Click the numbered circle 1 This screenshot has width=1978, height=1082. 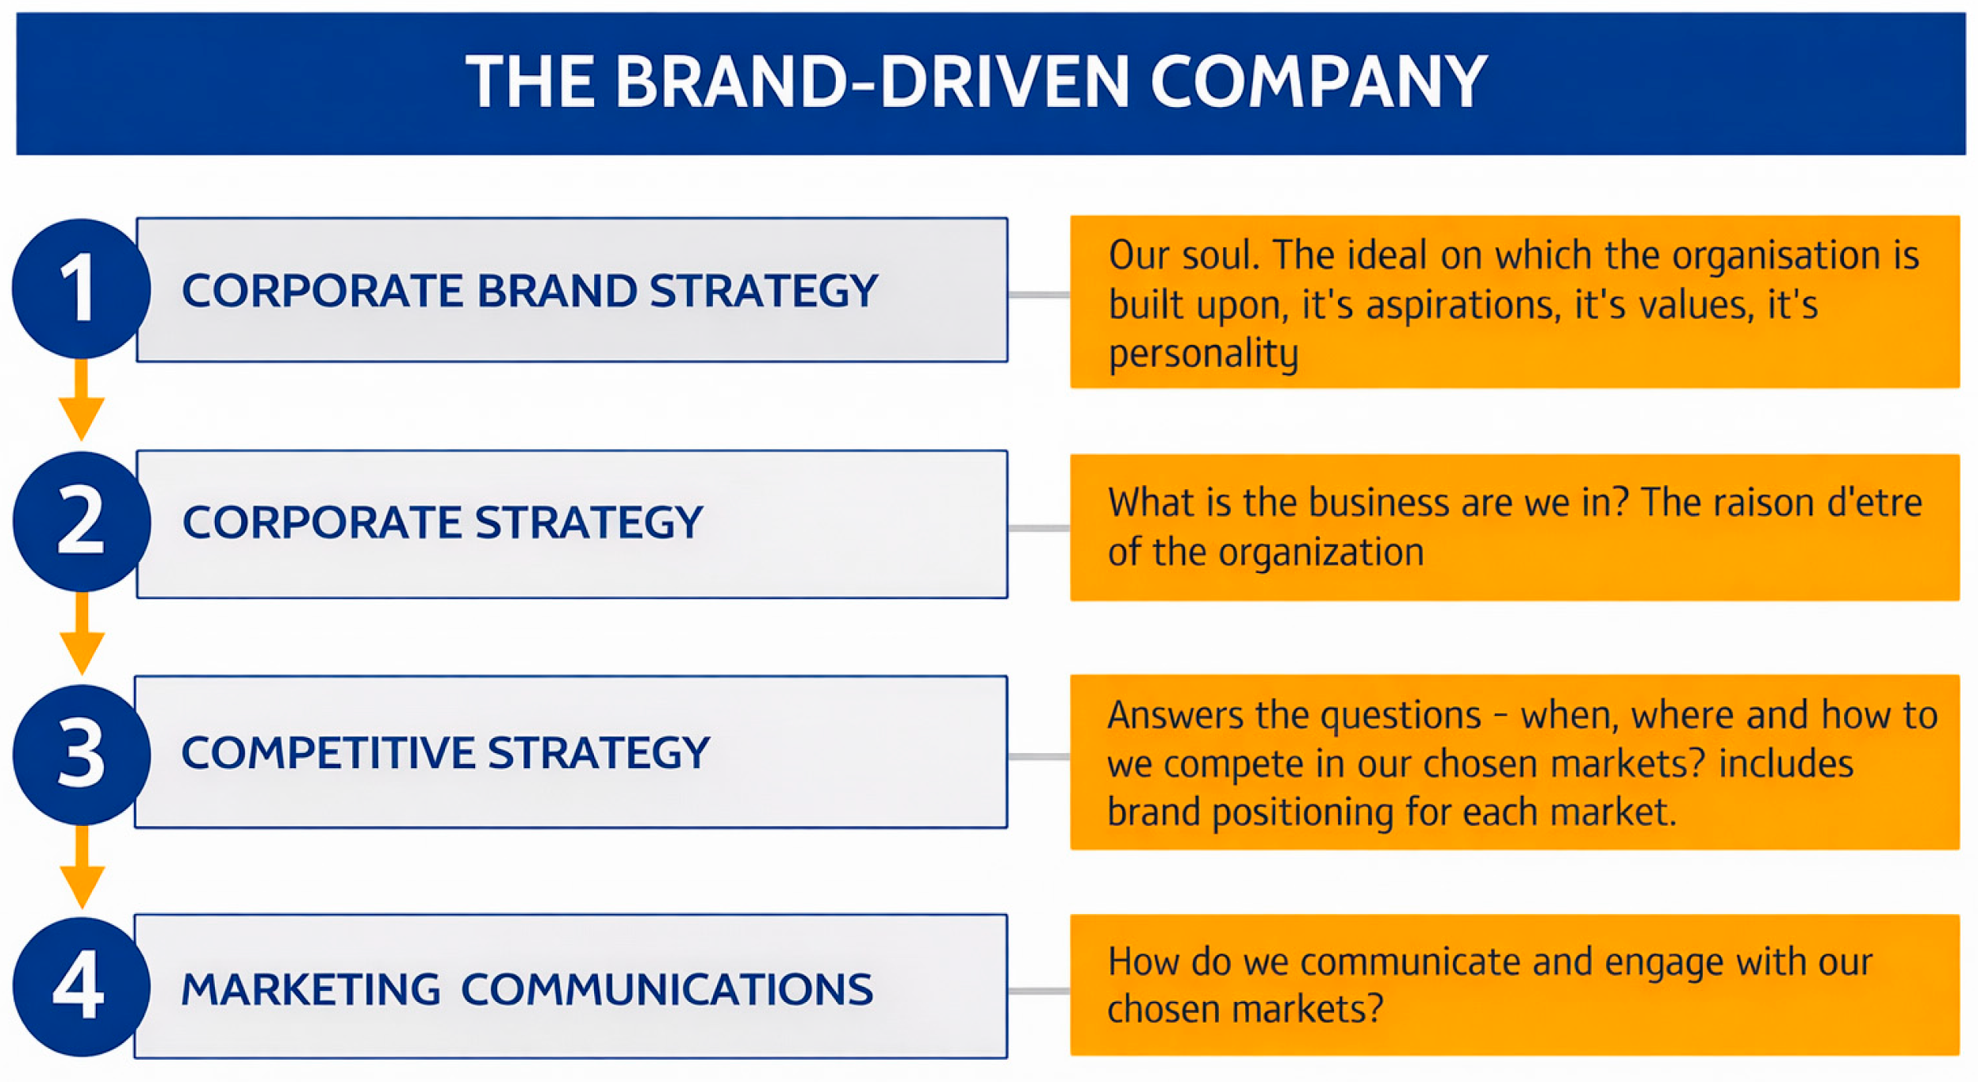[x=81, y=289]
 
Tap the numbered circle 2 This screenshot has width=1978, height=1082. [x=82, y=522]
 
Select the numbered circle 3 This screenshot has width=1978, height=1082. [x=82, y=755]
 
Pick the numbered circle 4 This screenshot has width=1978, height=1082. [x=82, y=987]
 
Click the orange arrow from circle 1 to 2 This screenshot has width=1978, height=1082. [x=81, y=400]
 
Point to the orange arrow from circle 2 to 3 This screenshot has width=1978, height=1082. [x=82, y=633]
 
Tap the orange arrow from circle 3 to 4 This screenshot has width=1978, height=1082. [x=82, y=866]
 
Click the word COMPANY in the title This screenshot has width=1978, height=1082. [x=1318, y=82]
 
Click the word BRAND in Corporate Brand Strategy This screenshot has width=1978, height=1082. [x=557, y=290]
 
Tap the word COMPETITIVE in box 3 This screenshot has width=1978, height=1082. [x=327, y=753]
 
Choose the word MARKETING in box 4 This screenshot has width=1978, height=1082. [x=310, y=989]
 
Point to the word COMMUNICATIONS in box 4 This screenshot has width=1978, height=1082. [x=667, y=989]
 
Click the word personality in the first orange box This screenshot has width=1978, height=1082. [x=1203, y=354]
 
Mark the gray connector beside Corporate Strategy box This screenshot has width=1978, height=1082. [x=1039, y=528]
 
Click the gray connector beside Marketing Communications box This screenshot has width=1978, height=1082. [x=1039, y=991]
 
